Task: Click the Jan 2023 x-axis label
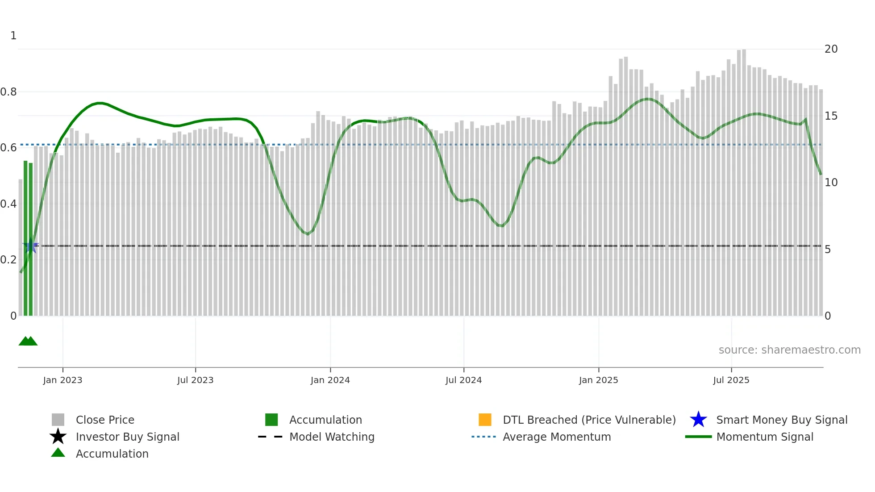click(62, 380)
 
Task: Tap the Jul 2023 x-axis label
click(195, 380)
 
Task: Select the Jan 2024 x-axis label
click(330, 380)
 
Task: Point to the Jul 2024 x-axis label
click(463, 380)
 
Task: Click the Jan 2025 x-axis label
click(598, 380)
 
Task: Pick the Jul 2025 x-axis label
click(731, 380)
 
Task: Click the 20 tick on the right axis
click(831, 49)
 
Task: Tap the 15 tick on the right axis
click(831, 116)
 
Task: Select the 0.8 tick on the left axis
click(8, 92)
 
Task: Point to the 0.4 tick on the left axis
click(8, 204)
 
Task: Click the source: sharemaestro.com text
click(789, 350)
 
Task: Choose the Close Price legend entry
click(105, 420)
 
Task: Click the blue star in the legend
click(698, 420)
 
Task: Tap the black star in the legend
click(58, 437)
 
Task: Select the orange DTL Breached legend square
click(485, 420)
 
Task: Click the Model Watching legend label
click(332, 437)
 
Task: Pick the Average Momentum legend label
click(557, 437)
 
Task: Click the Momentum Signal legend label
click(765, 437)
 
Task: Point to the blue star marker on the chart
click(31, 246)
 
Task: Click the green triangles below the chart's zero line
click(28, 341)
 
